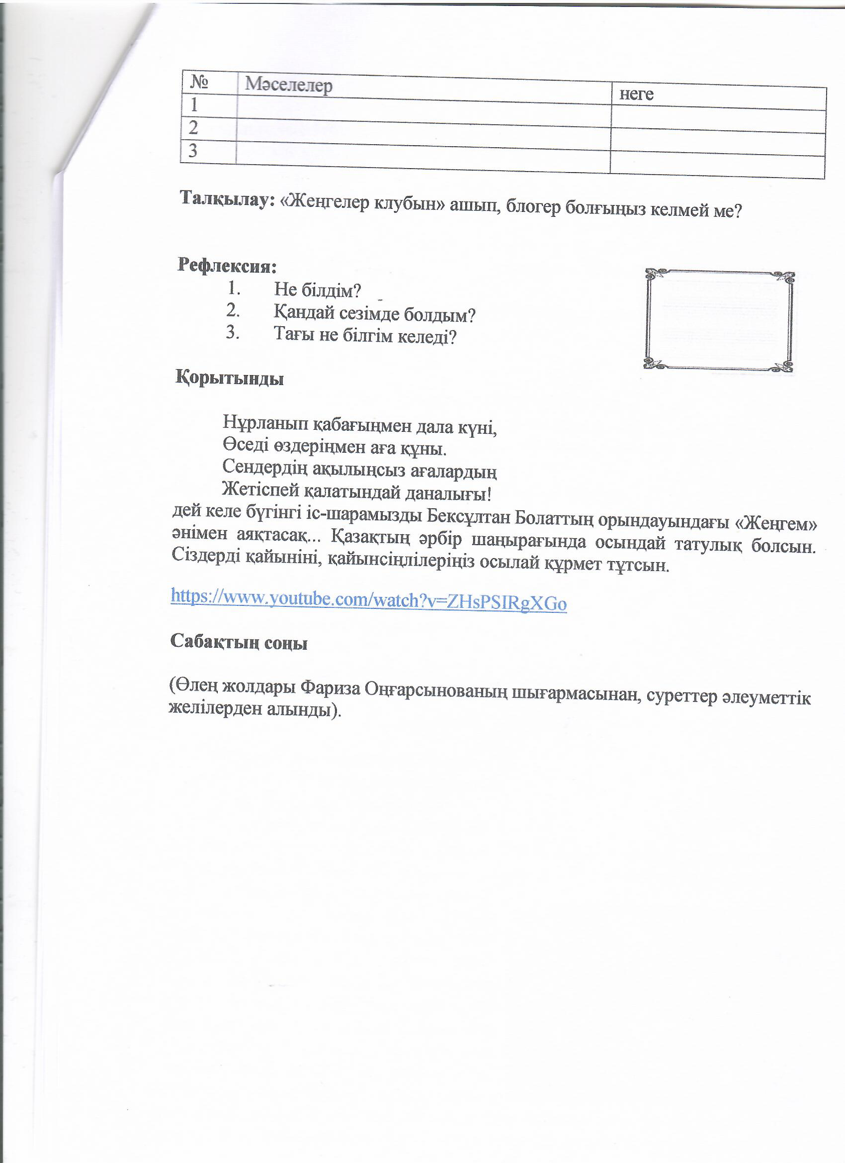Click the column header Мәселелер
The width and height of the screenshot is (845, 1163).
coord(288,85)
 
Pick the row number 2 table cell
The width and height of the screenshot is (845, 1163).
coord(193,127)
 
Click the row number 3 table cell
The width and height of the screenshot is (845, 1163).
coord(193,151)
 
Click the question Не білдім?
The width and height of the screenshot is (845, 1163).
coord(317,290)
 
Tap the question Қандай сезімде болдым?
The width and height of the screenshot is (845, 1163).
coord(374,314)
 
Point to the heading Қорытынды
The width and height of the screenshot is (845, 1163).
coord(230,379)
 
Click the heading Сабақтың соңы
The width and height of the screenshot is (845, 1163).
coord(239,642)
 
